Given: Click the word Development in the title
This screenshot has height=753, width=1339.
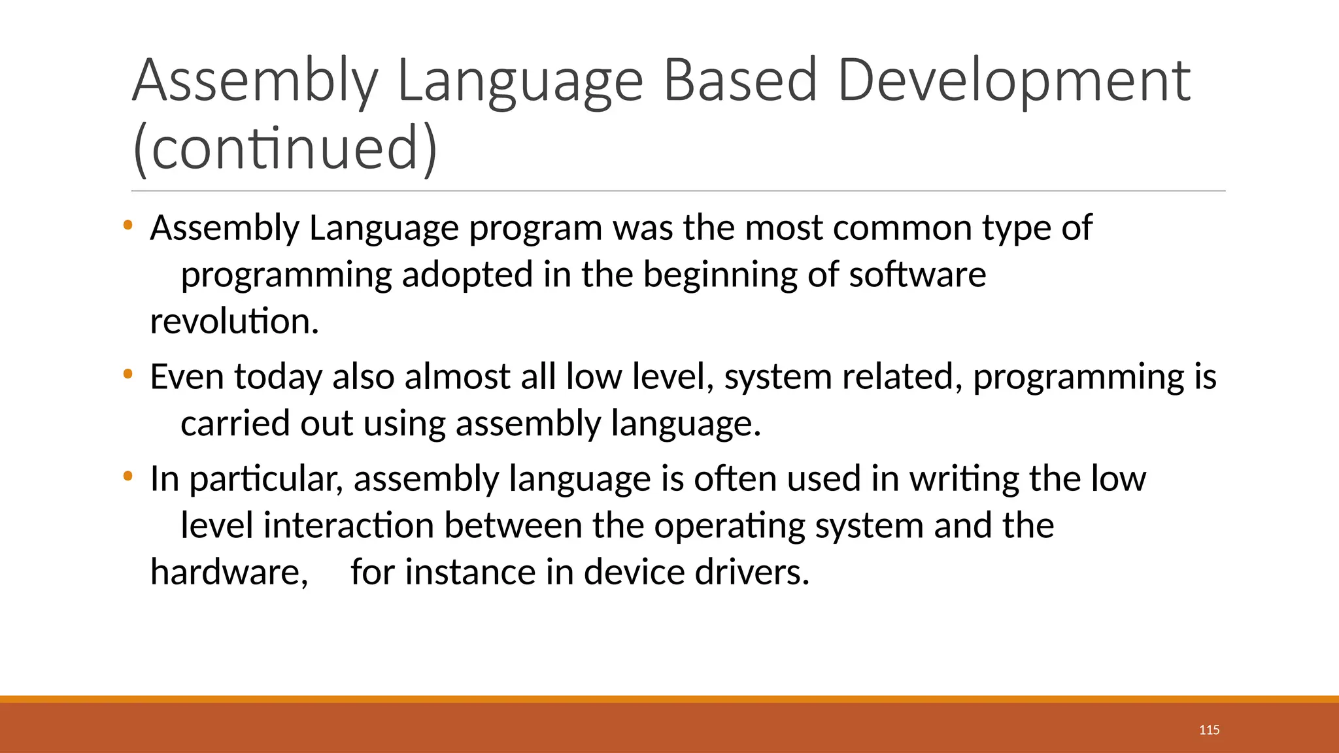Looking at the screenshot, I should (x=1013, y=82).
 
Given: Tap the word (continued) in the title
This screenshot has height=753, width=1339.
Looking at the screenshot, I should (x=284, y=149).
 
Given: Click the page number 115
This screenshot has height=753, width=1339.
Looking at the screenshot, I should (x=1209, y=730).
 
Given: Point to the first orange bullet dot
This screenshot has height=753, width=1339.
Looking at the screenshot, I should (x=127, y=226).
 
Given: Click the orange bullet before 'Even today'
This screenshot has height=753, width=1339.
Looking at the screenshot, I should (x=127, y=375).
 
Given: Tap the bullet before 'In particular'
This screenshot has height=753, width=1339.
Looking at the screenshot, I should (x=127, y=477).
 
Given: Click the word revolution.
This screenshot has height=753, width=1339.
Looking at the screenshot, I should (x=234, y=322).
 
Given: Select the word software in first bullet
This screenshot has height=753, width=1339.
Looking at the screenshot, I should (x=917, y=275).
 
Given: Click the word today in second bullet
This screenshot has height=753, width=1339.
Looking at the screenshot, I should (x=278, y=378).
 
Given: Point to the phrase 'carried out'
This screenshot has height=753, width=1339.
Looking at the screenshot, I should (x=266, y=424).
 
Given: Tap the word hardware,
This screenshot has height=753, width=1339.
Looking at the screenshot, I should (x=229, y=573).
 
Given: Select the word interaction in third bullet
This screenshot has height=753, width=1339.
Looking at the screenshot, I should (x=348, y=526).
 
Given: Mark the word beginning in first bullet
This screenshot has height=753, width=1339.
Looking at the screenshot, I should (x=720, y=275).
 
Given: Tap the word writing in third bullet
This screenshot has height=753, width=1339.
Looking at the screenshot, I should (x=964, y=479).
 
